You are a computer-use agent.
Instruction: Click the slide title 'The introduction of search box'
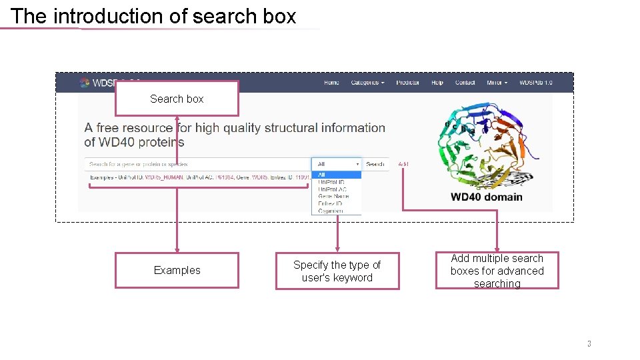tap(153, 16)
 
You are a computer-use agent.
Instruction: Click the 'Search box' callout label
tap(177, 99)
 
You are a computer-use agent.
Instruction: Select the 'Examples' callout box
tap(177, 270)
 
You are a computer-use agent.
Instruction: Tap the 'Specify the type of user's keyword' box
tap(337, 271)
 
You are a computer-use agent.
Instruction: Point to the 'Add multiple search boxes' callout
tap(497, 271)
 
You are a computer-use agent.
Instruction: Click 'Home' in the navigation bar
tap(331, 83)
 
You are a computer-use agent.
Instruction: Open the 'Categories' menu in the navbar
tap(367, 83)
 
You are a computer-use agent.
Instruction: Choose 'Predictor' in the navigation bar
tap(407, 83)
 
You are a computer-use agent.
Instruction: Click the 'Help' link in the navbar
tap(437, 83)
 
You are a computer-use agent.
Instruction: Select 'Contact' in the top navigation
tap(465, 83)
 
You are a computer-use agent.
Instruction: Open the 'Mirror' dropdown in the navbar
tap(497, 83)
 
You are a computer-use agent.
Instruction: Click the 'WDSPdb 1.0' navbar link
tap(536, 83)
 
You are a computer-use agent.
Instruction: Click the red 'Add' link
tap(403, 164)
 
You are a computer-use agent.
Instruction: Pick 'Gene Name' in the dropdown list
tap(333, 197)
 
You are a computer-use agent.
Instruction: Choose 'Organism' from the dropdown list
tap(331, 211)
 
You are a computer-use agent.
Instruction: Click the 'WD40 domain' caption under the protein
tap(486, 197)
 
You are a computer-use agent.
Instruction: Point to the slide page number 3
tap(589, 344)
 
